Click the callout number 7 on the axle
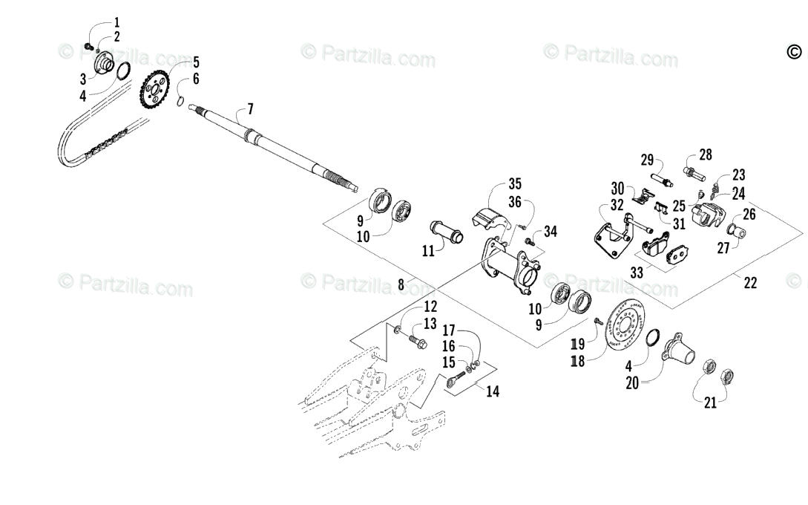click(x=250, y=109)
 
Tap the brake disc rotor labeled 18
click(x=623, y=328)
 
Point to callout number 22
click(x=750, y=282)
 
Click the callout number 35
click(x=515, y=184)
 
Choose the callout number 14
click(x=493, y=391)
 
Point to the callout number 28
click(x=704, y=154)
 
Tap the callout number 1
click(x=116, y=22)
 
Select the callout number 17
click(x=450, y=330)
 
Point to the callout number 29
click(x=648, y=160)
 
